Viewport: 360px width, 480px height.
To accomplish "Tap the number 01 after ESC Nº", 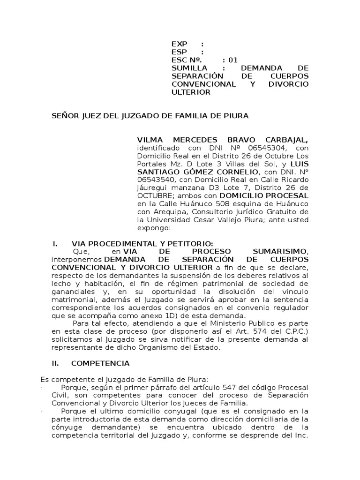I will [x=233, y=60].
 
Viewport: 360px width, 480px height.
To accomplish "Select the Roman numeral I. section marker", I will [x=54, y=244].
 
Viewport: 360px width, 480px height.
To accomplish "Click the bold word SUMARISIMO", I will [x=280, y=252].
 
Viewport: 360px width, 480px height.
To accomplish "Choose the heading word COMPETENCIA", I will [x=100, y=363].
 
